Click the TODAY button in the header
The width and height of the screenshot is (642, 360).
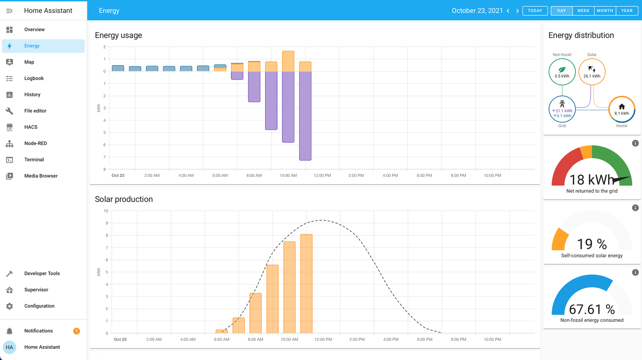tap(535, 11)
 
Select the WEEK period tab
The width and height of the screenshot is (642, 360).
tap(583, 11)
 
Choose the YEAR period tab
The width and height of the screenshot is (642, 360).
tap(627, 11)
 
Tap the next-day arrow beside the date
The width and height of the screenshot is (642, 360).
tap(517, 11)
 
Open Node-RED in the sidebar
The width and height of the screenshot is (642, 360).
tap(35, 143)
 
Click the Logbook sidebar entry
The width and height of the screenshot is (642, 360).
tap(33, 78)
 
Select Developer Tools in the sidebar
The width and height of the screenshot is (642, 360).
tap(42, 273)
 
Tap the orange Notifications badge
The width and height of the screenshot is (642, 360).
tap(76, 331)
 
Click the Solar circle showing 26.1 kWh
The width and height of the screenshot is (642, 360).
tap(592, 72)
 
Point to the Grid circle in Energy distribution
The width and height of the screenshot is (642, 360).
tap(562, 109)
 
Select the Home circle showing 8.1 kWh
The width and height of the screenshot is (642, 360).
tap(622, 109)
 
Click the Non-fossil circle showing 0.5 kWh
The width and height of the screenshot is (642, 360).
tap(562, 72)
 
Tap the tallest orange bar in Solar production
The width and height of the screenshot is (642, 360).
tap(306, 284)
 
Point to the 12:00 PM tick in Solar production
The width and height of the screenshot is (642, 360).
tap(323, 340)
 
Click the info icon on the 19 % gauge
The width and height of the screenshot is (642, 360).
tap(635, 208)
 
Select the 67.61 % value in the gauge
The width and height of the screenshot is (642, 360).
tap(592, 309)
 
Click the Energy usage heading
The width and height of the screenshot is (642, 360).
tap(119, 35)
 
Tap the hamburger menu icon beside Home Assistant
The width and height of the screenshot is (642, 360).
tap(9, 11)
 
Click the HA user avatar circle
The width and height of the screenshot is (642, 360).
tap(9, 347)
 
